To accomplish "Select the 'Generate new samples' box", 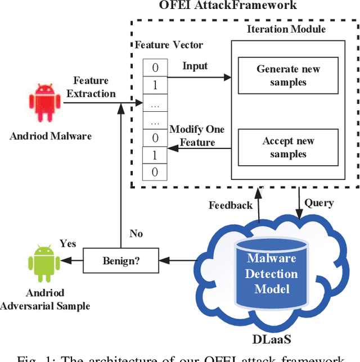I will click(288, 75).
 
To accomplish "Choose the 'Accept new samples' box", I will click(288, 147).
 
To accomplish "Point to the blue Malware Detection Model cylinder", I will click(272, 274).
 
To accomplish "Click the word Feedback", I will click(231, 205).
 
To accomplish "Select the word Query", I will click(318, 202).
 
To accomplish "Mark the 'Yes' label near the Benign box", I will click(68, 244).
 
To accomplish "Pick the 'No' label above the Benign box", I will click(136, 233).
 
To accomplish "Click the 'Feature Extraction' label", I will click(91, 88).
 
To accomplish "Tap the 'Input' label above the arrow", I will click(195, 66).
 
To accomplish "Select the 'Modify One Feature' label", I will click(197, 135).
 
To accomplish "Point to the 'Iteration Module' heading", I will click(286, 29).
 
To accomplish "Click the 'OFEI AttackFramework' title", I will click(228, 6).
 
